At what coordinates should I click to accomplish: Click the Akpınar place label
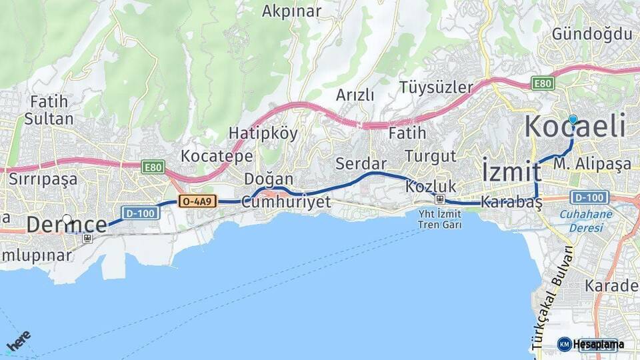(291, 11)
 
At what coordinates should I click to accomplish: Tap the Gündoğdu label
(591, 33)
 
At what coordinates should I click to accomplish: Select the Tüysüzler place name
(436, 87)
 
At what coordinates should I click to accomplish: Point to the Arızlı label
(355, 95)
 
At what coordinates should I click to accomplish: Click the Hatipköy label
(263, 133)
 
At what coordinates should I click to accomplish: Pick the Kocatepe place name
(217, 157)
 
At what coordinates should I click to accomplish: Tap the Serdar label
(361, 163)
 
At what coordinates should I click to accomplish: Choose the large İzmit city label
(511, 172)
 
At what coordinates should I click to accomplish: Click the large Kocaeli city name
(576, 127)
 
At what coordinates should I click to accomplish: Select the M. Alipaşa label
(592, 163)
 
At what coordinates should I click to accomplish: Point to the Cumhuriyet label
(286, 202)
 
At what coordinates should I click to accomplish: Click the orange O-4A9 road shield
(198, 201)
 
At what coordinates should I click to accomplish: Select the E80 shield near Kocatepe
(153, 167)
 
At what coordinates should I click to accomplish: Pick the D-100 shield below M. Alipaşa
(590, 197)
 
